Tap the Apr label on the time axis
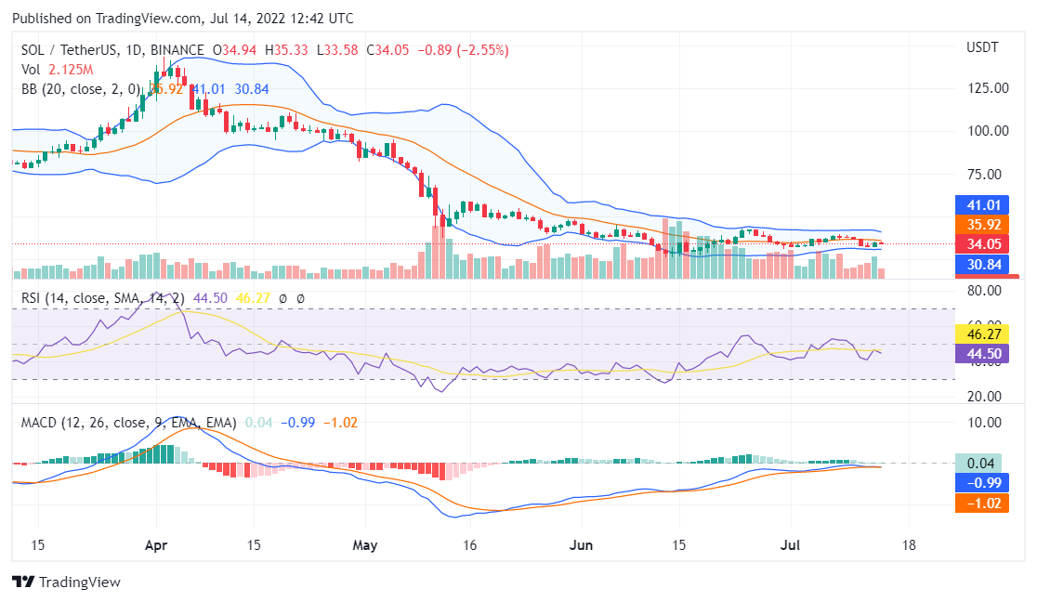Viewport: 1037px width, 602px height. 157,545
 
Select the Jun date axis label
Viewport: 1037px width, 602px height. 580,545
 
